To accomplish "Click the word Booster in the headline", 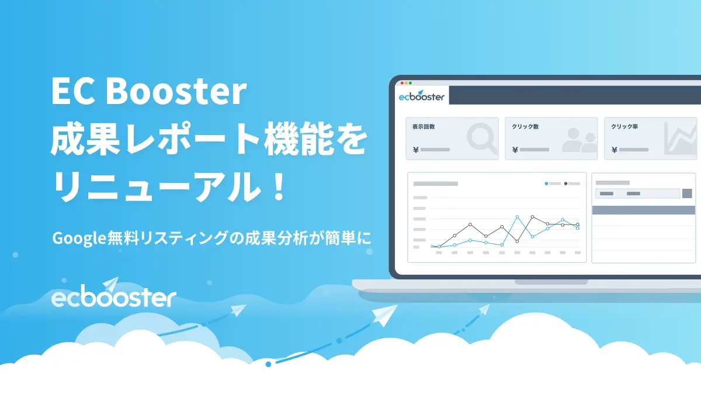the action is (176, 91).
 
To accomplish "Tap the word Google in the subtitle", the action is (79, 238).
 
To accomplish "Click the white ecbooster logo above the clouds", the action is (113, 292).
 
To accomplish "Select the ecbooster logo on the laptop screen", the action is (421, 95).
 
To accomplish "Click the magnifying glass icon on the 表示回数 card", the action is (482, 139).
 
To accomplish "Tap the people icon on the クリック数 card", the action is (580, 140).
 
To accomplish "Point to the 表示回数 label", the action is (424, 126).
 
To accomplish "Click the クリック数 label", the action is (525, 126).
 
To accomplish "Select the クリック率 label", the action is (624, 126).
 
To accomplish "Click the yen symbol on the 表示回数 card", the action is (415, 150).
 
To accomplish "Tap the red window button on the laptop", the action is (402, 83).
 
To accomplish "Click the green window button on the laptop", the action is (410, 83).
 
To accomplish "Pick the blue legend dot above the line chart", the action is (546, 184).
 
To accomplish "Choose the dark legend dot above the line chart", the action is (566, 184).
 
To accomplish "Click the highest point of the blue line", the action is (517, 217).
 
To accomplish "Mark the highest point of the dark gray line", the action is (533, 217).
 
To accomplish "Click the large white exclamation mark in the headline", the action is (278, 186).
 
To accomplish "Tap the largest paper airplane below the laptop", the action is (385, 315).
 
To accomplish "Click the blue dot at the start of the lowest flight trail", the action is (268, 364).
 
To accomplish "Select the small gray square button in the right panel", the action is (687, 193).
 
